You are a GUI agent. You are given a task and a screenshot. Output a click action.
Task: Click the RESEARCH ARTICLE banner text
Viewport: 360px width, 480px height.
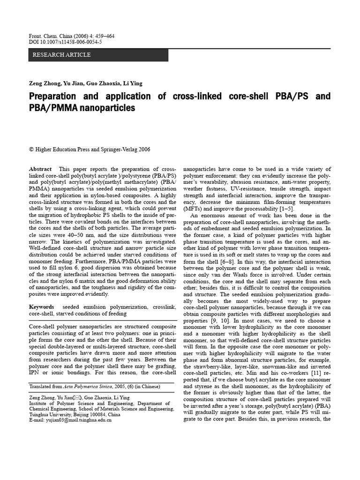[x=61, y=55]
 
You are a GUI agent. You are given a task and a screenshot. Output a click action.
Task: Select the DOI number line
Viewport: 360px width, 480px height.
[x=65, y=42]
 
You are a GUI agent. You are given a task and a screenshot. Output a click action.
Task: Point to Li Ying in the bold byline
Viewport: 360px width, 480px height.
[x=132, y=83]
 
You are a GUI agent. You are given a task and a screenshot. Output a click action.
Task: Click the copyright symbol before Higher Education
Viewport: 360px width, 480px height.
[x=31, y=150]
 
